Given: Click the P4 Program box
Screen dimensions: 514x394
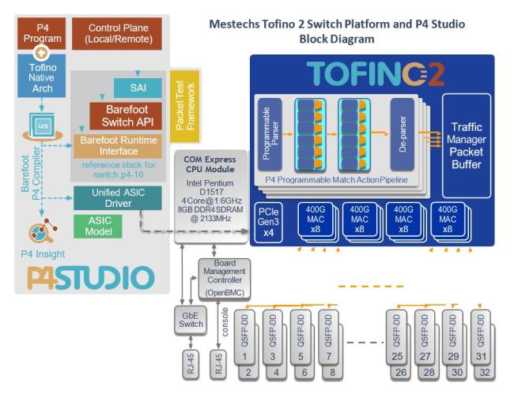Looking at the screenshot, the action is (42, 33).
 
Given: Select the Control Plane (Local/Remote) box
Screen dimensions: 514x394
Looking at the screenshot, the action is (117, 34).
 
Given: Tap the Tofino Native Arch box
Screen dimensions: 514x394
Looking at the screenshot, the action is (42, 77).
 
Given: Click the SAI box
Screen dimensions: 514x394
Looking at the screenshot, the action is (138, 88).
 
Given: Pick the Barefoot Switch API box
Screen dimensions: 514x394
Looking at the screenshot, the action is (126, 116).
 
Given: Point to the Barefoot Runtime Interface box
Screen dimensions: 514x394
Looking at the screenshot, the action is (118, 146).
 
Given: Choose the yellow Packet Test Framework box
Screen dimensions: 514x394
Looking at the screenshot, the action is (185, 106).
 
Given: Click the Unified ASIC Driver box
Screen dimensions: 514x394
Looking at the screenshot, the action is (118, 198).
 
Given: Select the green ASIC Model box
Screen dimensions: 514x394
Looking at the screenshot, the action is (98, 226).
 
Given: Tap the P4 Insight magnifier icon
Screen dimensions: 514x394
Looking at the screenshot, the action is (42, 231).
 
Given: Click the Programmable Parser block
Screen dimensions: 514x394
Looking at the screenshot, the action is (270, 134).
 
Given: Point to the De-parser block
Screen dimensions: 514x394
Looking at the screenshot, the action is (403, 134).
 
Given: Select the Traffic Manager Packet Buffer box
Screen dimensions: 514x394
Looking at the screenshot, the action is (467, 146).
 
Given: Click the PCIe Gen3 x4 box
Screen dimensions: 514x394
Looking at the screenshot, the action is (269, 223).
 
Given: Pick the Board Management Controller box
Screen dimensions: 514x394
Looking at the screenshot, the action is (225, 279).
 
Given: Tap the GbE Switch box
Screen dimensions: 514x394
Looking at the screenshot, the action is (191, 320).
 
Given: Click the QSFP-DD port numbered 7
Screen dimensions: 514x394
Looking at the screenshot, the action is (328, 337).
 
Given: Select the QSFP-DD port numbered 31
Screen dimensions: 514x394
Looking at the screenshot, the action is (481, 337).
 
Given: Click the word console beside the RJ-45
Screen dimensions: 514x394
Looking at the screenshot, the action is (225, 322).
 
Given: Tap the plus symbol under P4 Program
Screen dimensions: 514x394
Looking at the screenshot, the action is (41, 53).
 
